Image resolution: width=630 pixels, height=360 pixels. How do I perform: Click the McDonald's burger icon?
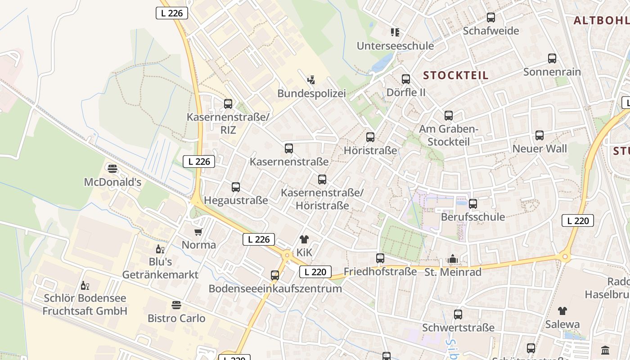112,168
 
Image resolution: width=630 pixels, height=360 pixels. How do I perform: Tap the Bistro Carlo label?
176,318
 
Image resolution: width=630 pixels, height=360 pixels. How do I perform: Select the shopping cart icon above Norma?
198,232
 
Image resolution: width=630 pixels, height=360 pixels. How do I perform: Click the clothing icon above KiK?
304,239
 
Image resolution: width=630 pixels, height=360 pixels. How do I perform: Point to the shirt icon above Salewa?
562,310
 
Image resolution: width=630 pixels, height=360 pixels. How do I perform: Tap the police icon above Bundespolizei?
311,80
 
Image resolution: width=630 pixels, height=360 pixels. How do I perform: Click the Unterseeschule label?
395,45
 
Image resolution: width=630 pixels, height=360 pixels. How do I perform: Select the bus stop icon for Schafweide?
491,18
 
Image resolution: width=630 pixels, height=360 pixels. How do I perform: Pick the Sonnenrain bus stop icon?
552,58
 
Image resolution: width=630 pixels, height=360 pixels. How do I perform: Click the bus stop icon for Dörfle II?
406,79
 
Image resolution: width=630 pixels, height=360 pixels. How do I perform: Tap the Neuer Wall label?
540,148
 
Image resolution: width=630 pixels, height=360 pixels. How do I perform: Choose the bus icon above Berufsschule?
473,204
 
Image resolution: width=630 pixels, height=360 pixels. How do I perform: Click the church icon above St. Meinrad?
453,259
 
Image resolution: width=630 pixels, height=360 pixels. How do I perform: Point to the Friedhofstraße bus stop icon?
380,258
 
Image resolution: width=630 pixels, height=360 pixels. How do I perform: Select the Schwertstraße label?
458,328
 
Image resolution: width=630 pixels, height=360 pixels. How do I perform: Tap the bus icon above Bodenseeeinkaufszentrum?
275,275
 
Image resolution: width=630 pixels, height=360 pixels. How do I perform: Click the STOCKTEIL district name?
455,75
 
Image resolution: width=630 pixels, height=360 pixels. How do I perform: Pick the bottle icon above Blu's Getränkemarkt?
160,249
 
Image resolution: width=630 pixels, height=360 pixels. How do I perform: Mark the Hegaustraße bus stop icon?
236,187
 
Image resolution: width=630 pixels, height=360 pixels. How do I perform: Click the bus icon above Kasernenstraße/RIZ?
228,104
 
